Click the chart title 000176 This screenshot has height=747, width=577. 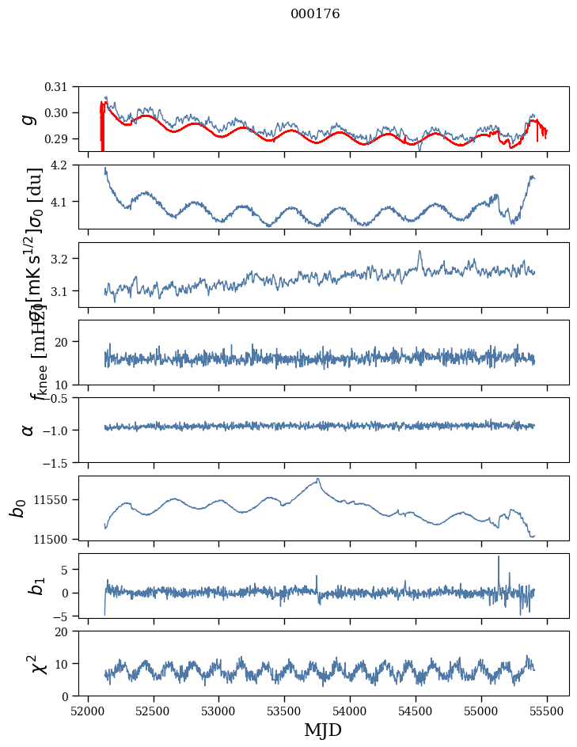[x=315, y=14]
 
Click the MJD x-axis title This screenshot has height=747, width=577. [x=323, y=730]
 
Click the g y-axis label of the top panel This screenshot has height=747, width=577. [x=28, y=119]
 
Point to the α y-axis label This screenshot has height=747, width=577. [x=28, y=430]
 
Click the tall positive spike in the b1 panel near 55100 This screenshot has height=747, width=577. [x=499, y=557]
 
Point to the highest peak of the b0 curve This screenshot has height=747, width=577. [x=318, y=479]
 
